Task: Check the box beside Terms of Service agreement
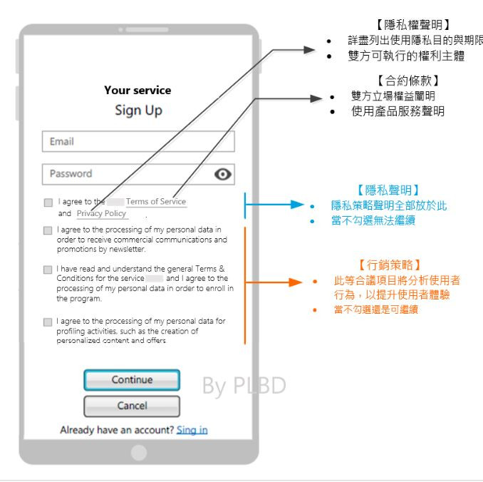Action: (48, 202)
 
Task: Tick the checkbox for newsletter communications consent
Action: (48, 230)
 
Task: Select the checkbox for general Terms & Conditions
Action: (48, 270)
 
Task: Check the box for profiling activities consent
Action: (48, 322)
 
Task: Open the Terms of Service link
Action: (156, 202)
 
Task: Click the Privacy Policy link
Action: (101, 213)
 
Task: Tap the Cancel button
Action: (132, 406)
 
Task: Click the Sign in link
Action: (192, 430)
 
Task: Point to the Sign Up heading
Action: (138, 111)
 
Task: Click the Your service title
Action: (137, 91)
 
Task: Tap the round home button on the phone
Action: (139, 452)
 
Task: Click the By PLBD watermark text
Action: (244, 385)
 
